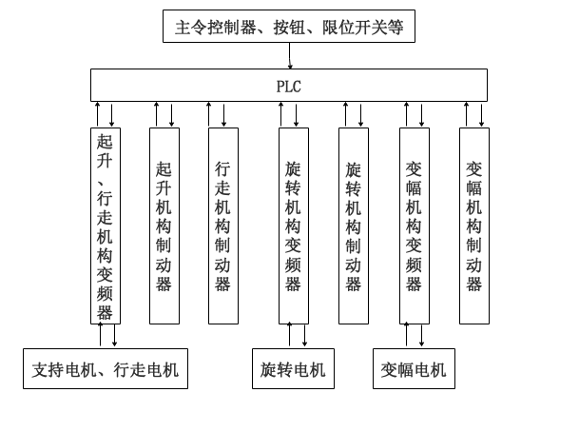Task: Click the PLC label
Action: [289, 86]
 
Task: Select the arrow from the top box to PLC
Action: [290, 54]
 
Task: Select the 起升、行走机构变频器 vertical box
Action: [105, 226]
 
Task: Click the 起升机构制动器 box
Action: [164, 226]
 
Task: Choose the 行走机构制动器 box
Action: [223, 226]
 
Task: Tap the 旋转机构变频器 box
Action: [293, 226]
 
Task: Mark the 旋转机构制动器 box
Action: [353, 226]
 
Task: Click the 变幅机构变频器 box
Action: [414, 226]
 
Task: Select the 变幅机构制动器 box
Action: [473, 226]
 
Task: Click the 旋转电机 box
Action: [293, 369]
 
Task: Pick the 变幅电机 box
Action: [414, 369]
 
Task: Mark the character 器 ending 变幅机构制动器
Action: [473, 284]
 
